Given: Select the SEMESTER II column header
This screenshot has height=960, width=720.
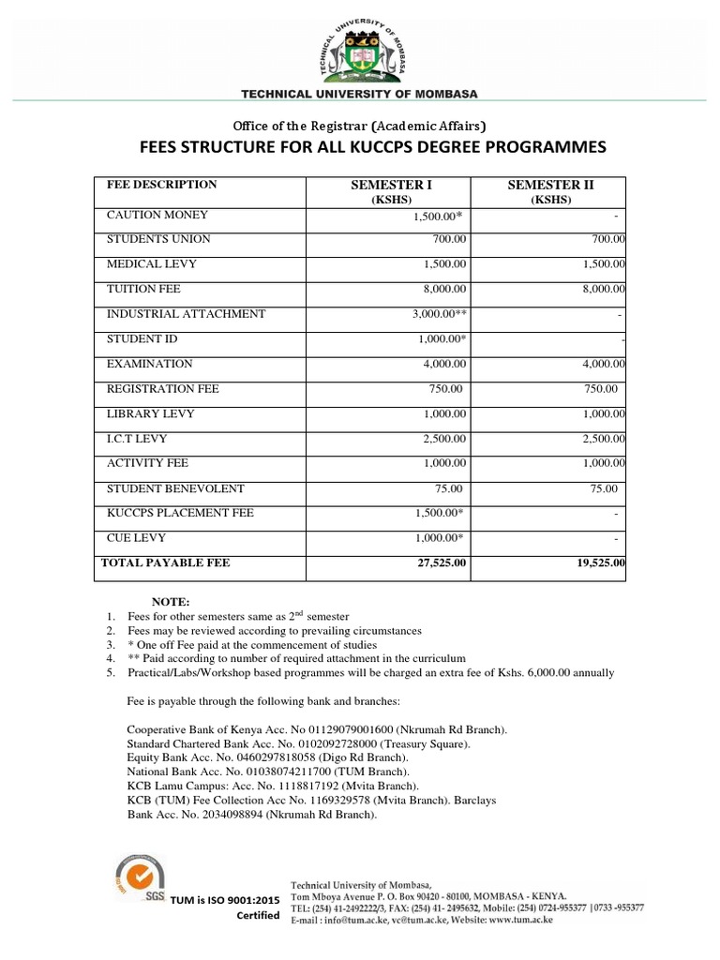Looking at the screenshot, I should [550, 186].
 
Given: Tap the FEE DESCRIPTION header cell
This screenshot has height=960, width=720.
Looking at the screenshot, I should [161, 185].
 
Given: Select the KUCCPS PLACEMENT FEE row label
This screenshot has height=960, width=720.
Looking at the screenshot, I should [180, 513].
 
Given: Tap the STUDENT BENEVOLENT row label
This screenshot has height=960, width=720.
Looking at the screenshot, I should [175, 488].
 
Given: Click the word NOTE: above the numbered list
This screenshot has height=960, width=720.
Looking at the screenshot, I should [172, 601].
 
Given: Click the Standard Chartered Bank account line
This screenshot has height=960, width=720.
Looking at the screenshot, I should [298, 743].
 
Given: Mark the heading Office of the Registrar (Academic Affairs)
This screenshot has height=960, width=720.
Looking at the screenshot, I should [360, 125].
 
